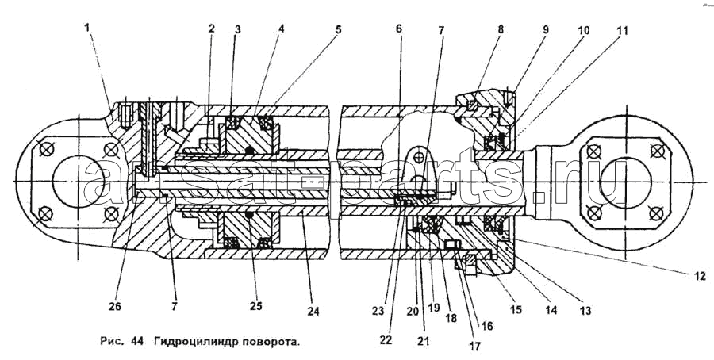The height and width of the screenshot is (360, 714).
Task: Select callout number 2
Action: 211,29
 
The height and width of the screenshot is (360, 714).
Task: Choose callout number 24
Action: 313,312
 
